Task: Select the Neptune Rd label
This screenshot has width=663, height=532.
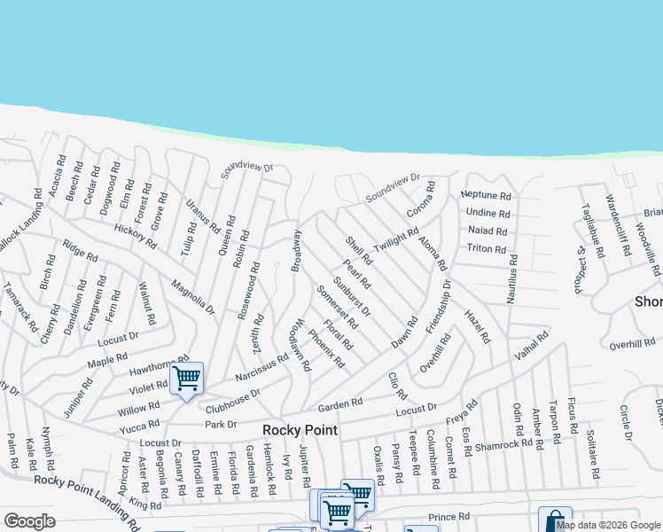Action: [x=487, y=195]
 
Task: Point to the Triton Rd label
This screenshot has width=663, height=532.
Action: [x=486, y=249]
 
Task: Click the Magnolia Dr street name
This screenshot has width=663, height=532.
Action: [x=193, y=296]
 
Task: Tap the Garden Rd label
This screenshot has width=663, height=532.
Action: [x=340, y=404]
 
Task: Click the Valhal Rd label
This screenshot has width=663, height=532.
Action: [x=530, y=343]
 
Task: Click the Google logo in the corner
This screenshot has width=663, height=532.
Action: [x=29, y=521]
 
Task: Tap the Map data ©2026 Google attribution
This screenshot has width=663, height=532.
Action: [x=608, y=525]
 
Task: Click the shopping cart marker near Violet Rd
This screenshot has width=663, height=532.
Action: [x=186, y=379]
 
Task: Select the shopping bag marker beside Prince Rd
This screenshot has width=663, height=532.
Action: [x=555, y=520]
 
